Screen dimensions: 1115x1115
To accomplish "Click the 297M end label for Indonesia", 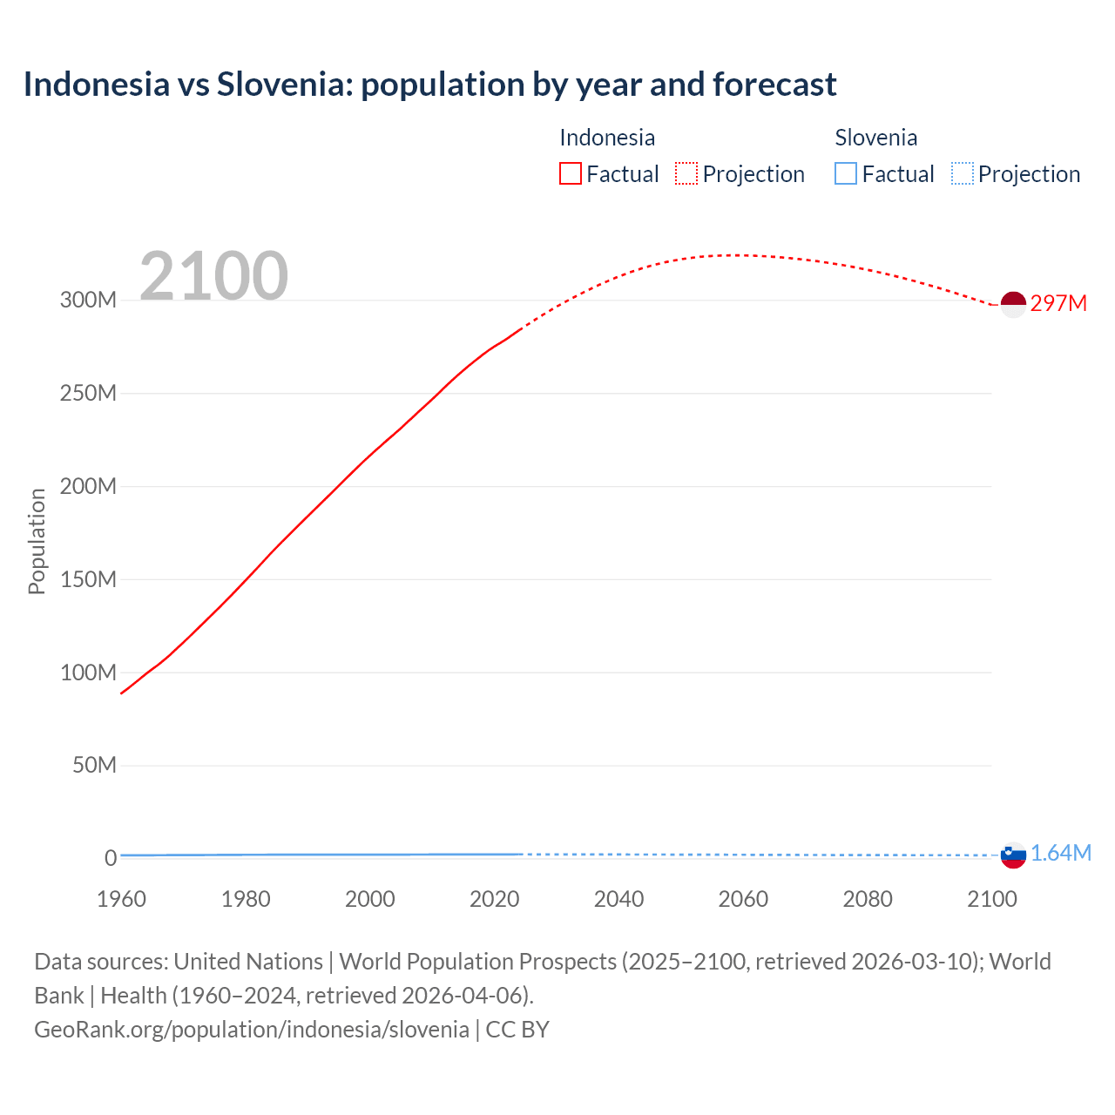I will click(1058, 303).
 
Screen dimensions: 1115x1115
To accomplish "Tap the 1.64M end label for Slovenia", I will click(1060, 853).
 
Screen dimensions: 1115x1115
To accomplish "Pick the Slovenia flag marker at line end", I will click(1013, 855).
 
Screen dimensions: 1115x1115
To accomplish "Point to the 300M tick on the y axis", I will click(88, 300).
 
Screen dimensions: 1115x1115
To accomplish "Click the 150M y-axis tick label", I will click(88, 579).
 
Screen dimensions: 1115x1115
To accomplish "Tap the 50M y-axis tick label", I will click(94, 765).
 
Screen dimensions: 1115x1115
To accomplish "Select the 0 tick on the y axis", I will click(111, 858).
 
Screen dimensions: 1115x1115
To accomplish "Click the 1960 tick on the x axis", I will click(121, 899).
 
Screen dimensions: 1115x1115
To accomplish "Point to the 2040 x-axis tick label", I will click(618, 899).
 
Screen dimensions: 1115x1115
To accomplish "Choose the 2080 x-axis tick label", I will click(868, 899).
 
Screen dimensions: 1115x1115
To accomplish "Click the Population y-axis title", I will click(37, 541).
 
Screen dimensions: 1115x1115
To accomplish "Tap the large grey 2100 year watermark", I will click(213, 276).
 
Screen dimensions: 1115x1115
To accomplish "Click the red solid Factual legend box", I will click(571, 173).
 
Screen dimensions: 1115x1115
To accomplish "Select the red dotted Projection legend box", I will click(686, 173).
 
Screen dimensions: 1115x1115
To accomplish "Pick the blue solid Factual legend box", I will click(846, 173).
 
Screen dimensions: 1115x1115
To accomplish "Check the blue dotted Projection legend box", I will click(962, 173).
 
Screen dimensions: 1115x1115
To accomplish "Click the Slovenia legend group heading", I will click(875, 138).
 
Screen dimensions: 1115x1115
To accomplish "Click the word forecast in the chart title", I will click(774, 84).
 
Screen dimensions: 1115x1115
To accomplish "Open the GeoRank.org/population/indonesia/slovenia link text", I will click(252, 1029).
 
